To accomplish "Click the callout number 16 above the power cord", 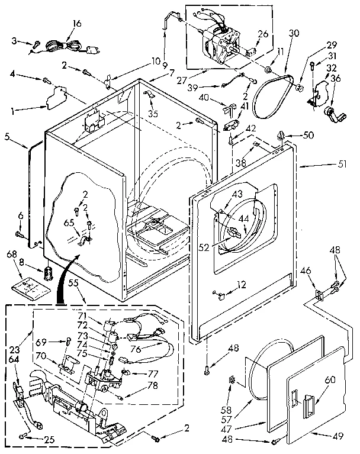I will [76, 24].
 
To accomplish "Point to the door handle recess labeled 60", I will [307, 407].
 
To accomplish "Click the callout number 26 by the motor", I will [263, 33].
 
